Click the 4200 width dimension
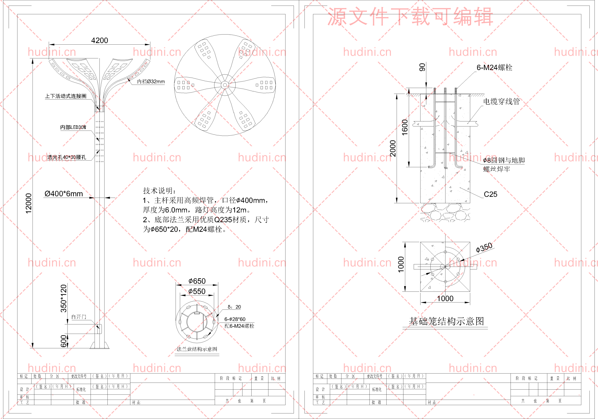(x=100, y=40)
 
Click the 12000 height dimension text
(x=28, y=203)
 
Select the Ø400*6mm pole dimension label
(x=64, y=194)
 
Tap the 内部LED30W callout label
(x=73, y=127)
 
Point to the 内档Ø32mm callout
(x=151, y=82)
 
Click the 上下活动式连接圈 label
(x=66, y=96)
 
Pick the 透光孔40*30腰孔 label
(x=67, y=157)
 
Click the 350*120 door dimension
(x=64, y=298)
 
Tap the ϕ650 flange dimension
(x=197, y=281)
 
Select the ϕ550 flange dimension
(x=197, y=291)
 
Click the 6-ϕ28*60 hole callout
(x=235, y=319)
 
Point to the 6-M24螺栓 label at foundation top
(x=494, y=67)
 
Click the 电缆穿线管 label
(x=501, y=101)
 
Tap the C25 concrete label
(x=491, y=194)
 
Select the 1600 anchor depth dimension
(x=405, y=127)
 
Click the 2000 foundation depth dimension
(x=393, y=149)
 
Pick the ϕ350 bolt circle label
(x=484, y=248)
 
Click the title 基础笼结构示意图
(x=446, y=321)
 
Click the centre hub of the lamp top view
(x=225, y=85)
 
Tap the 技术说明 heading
(x=159, y=191)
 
